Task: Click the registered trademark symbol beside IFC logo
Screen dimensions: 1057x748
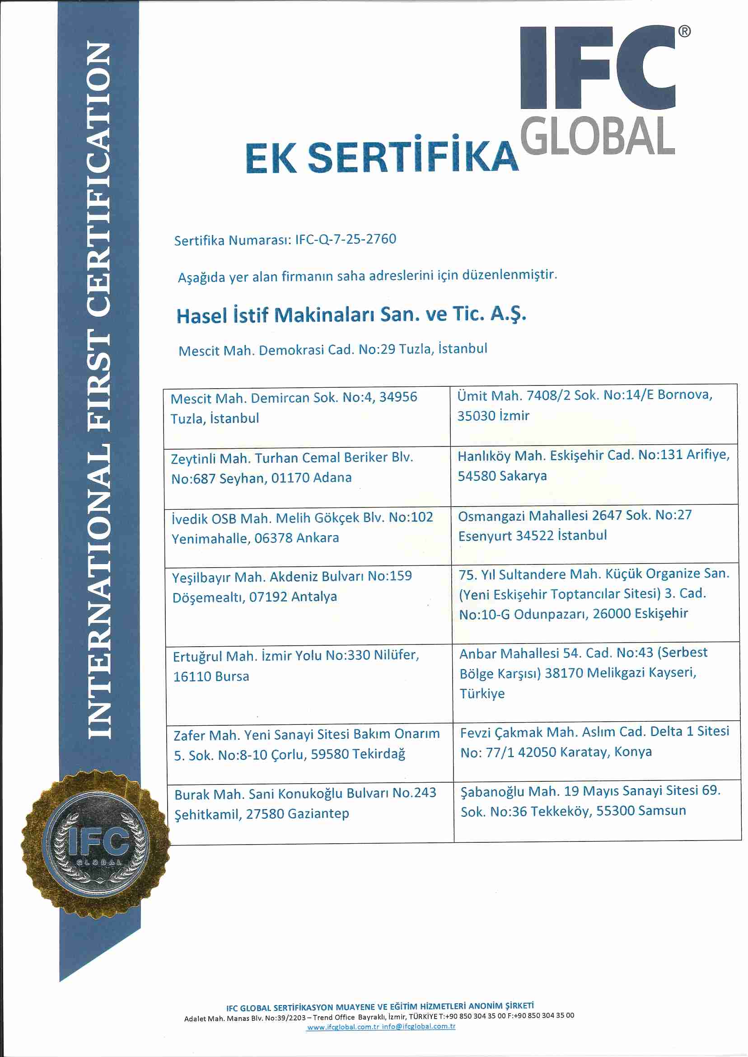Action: click(x=684, y=31)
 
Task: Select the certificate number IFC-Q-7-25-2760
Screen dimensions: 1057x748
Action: click(x=346, y=239)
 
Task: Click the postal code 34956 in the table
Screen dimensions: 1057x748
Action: click(x=398, y=397)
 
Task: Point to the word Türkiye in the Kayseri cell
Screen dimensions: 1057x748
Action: click(x=482, y=694)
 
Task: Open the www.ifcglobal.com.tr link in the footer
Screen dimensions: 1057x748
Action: click(x=343, y=1027)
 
